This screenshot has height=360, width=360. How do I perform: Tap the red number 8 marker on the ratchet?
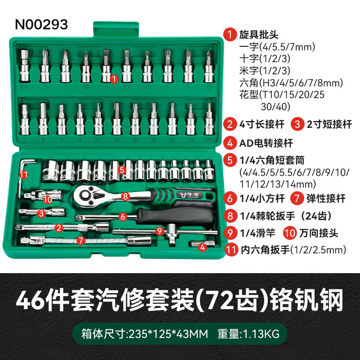coord(126,196)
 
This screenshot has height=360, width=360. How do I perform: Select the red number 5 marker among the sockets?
coord(122,170)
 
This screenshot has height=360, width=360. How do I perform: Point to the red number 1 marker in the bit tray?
coord(114,79)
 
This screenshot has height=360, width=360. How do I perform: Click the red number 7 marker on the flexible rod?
coord(81,240)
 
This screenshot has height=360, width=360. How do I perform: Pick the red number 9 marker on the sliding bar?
coord(158,230)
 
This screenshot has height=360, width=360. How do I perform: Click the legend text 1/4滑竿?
coord(256,233)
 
